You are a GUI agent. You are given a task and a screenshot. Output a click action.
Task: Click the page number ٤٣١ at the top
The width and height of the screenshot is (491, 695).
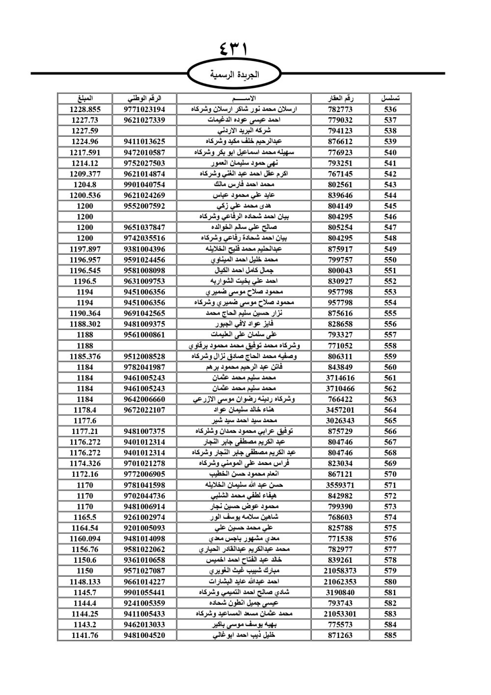point(234,49)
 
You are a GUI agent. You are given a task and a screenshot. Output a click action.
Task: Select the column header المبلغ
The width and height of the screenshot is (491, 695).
point(85,98)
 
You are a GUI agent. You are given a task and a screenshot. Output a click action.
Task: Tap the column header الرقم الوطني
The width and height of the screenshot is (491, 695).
point(144,98)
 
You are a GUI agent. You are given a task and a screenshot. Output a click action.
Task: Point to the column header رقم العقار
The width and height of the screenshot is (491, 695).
point(340,98)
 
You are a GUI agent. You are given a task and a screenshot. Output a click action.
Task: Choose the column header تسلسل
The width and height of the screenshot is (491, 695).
point(390,98)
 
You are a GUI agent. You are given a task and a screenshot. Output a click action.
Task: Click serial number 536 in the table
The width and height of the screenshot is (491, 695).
point(390,110)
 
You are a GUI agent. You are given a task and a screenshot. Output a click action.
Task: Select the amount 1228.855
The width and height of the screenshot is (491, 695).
point(85,110)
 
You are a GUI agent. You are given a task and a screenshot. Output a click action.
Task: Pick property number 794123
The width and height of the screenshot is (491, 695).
point(340,131)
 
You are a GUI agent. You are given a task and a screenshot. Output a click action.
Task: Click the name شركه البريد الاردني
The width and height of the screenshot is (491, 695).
point(244,131)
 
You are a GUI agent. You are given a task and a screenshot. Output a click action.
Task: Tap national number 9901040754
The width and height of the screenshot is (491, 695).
point(144,184)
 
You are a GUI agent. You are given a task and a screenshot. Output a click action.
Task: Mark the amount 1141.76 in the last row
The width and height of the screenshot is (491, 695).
point(85,635)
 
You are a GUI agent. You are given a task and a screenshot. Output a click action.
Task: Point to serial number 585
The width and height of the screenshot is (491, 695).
point(390,635)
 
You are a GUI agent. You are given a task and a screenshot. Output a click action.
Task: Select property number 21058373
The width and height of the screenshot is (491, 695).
point(340,571)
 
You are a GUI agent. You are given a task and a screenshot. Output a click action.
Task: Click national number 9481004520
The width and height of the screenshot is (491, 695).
point(144,635)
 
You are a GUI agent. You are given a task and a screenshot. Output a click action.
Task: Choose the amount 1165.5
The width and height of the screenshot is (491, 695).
point(85,517)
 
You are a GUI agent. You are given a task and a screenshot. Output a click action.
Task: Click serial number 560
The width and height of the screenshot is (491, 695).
point(390,367)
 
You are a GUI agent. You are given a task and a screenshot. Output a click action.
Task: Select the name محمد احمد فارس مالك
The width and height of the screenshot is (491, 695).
point(244,184)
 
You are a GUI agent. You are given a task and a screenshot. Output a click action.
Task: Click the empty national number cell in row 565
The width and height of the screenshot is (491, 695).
point(144,421)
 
